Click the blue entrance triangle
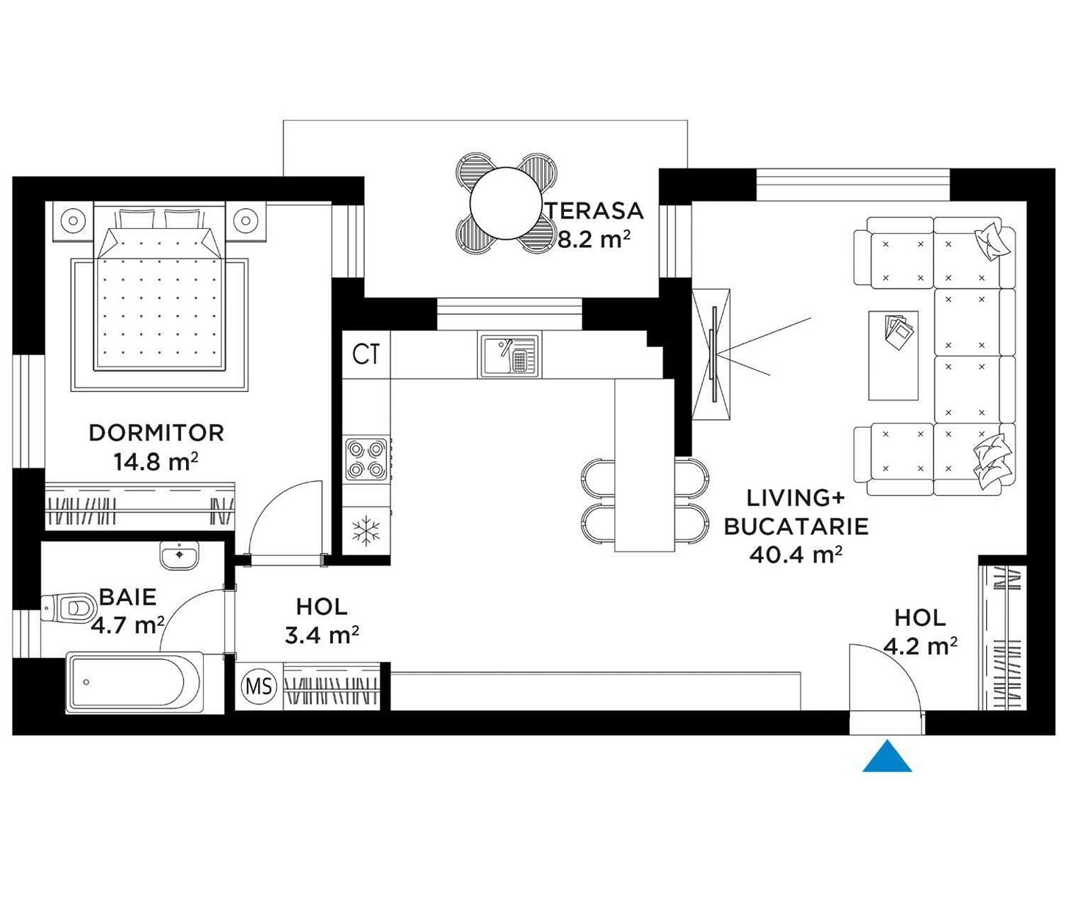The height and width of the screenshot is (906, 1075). pos(887,755)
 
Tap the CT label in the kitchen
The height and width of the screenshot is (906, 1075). pos(366,354)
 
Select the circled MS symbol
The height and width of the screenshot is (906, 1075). pos(259,686)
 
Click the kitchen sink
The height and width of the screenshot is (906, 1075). pos(510,355)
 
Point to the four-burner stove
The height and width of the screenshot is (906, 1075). pos(366,460)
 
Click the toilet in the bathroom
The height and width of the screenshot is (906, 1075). pos(68,607)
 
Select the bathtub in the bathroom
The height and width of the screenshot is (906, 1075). pos(135,682)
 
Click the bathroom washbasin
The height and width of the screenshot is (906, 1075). pos(179,555)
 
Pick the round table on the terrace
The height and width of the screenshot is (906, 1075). pos(507,204)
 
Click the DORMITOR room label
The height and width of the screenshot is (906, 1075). pos(157,433)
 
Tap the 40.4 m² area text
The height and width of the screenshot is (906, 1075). pos(796,554)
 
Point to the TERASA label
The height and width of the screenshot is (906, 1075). pos(596,210)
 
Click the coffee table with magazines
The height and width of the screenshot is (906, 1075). pos(893,355)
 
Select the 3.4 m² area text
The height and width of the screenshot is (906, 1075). pos(322,635)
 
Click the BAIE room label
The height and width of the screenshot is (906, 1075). pos(128,597)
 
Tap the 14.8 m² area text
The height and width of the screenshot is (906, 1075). pos(156,462)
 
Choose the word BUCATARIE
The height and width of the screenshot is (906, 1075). pos(796,527)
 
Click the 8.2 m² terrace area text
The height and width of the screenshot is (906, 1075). pos(595,240)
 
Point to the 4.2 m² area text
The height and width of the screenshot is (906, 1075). pos(921,646)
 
